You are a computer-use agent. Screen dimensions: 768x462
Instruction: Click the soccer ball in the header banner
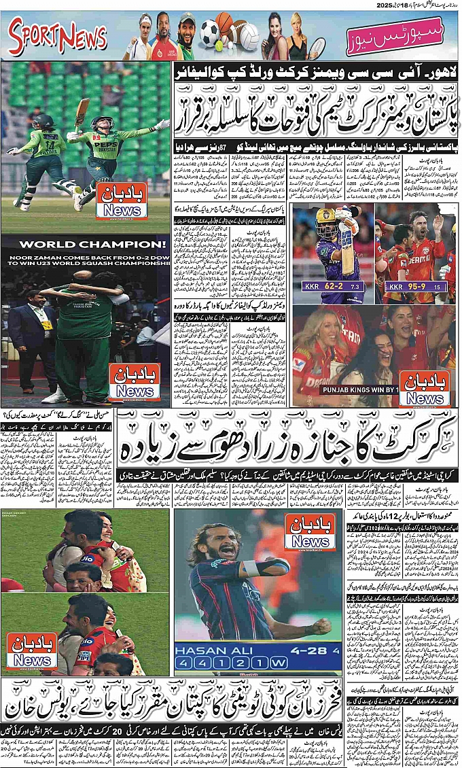(x=209, y=31)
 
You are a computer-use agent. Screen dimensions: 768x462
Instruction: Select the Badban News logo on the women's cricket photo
(x=122, y=200)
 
